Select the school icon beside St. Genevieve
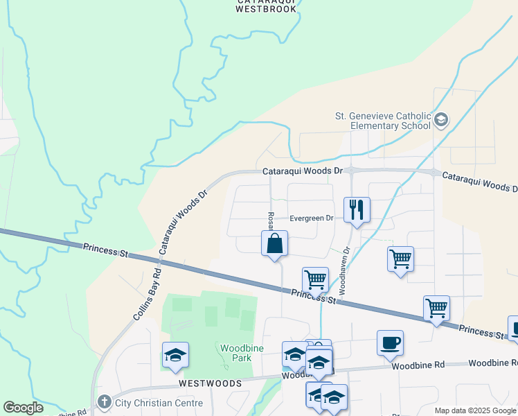tap(441, 121)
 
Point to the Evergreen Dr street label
tap(312, 218)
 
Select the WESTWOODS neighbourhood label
tap(210, 383)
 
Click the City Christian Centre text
tap(159, 403)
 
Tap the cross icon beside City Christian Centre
tap(104, 401)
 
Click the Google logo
tap(23, 408)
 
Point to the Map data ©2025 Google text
tap(474, 410)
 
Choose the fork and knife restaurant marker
tap(357, 209)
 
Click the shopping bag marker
tap(275, 243)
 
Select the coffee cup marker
tap(391, 342)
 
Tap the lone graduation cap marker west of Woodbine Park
tap(175, 355)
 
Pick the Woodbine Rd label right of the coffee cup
tap(492, 363)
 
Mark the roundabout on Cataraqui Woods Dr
tap(352, 170)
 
